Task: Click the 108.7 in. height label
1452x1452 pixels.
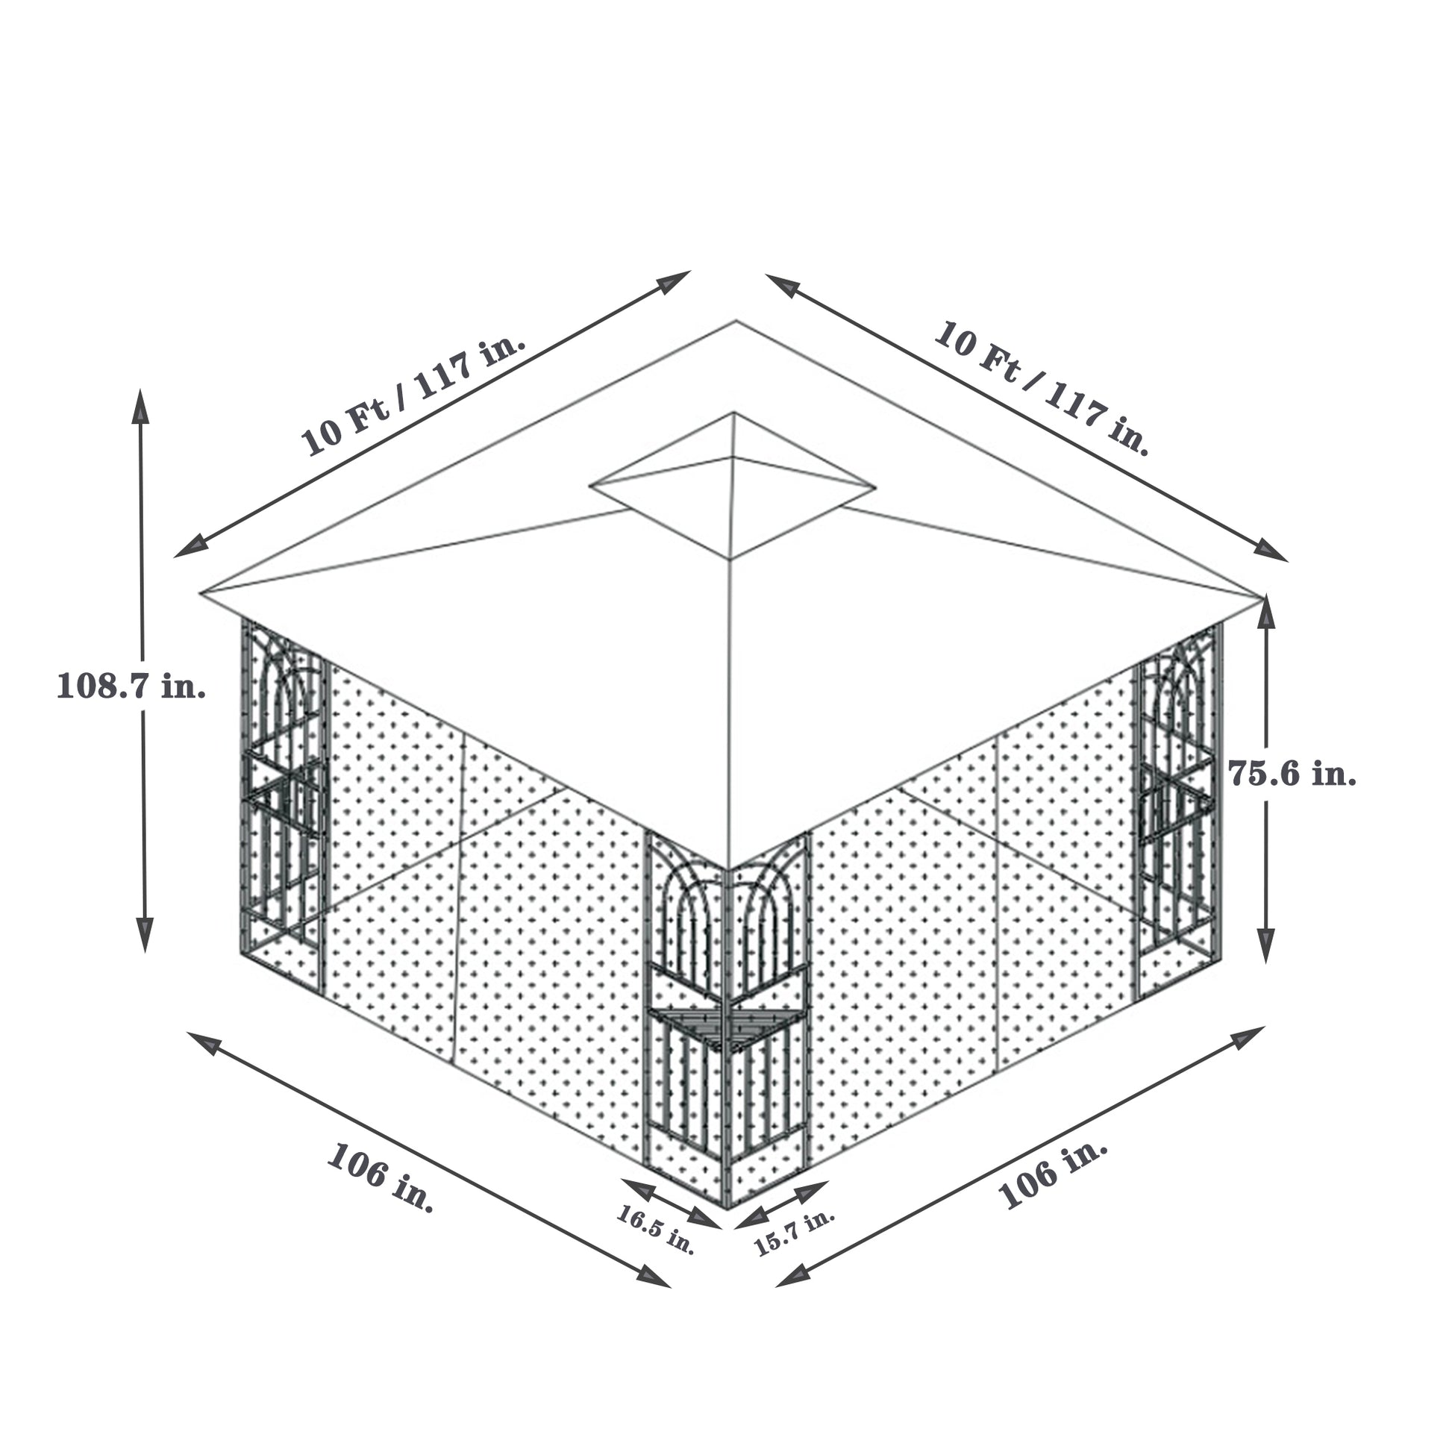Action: coord(131,686)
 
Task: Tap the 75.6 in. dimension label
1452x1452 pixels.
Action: coord(1292,773)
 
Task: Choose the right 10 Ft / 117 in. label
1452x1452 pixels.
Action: coord(1042,388)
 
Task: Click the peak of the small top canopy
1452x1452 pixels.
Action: coord(733,413)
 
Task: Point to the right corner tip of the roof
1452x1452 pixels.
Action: coord(1261,598)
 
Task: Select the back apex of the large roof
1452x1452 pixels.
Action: coord(736,321)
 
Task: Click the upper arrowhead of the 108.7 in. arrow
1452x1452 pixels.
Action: coord(140,406)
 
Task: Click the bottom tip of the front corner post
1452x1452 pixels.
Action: coord(727,1208)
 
